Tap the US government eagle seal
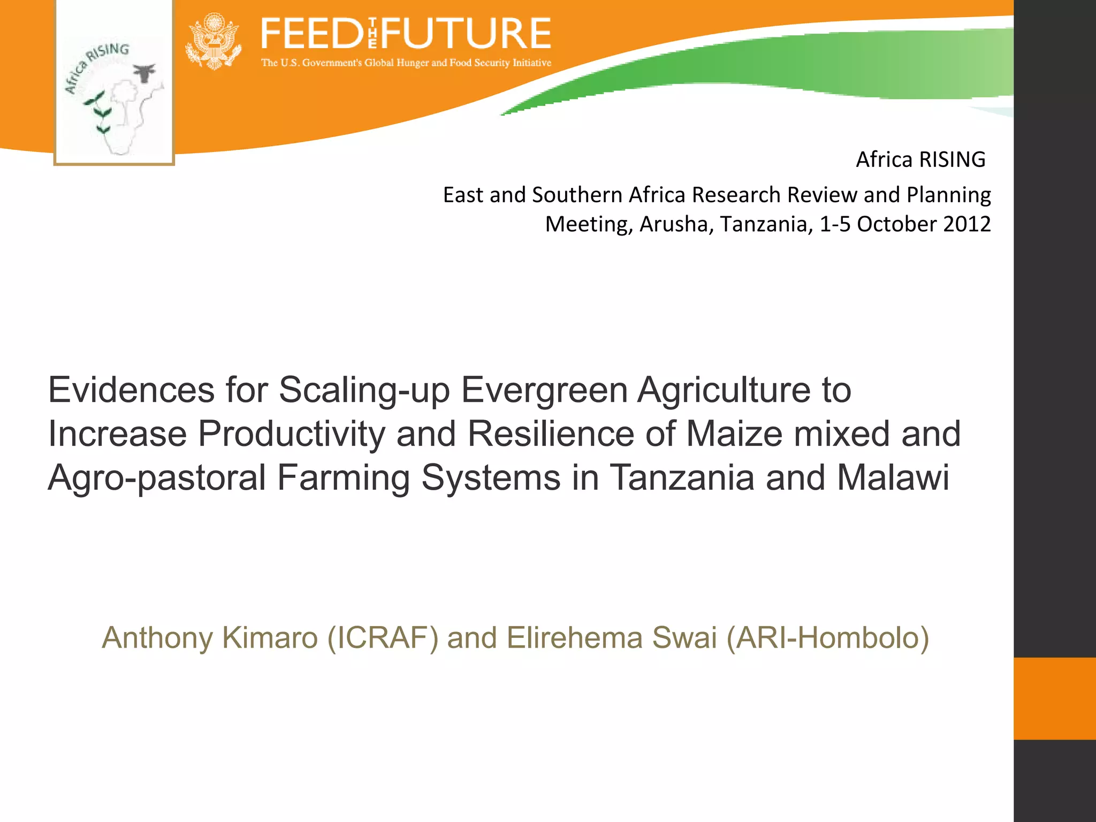pyautogui.click(x=214, y=42)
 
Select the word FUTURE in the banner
pyautogui.click(x=466, y=33)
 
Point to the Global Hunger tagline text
pyautogui.click(x=406, y=63)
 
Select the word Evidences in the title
pyautogui.click(x=131, y=390)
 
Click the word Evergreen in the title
pyautogui.click(x=544, y=390)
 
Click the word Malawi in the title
pyautogui.click(x=893, y=477)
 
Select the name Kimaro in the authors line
pyautogui.click(x=270, y=638)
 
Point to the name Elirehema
pyautogui.click(x=574, y=638)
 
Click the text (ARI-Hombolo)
pyautogui.click(x=827, y=638)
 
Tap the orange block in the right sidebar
pyautogui.click(x=1055, y=698)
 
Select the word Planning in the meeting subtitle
pyautogui.click(x=948, y=195)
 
